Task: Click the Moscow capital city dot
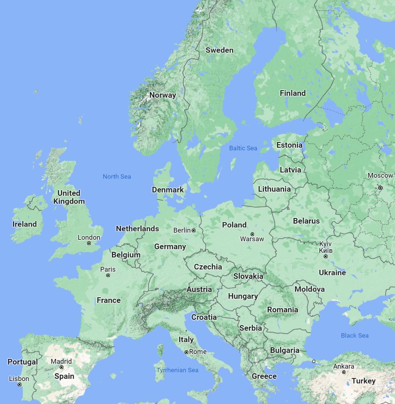click(x=380, y=188)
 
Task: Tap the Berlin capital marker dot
click(x=194, y=230)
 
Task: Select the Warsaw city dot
click(x=252, y=234)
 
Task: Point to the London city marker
click(x=89, y=243)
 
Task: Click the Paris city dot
click(x=108, y=275)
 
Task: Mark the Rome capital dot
click(x=186, y=352)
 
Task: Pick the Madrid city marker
click(x=62, y=367)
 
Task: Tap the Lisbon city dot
click(x=20, y=384)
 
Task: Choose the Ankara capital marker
click(x=344, y=372)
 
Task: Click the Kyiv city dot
click(x=326, y=256)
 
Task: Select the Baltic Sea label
click(x=243, y=148)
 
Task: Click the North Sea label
click(x=117, y=176)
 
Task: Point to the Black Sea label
click(x=354, y=335)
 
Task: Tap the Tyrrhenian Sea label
click(x=177, y=370)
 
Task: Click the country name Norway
click(x=162, y=95)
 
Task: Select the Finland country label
click(x=293, y=93)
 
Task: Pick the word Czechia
click(x=208, y=267)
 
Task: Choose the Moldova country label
click(x=309, y=289)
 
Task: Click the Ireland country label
click(x=24, y=224)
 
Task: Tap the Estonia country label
click(x=289, y=145)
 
